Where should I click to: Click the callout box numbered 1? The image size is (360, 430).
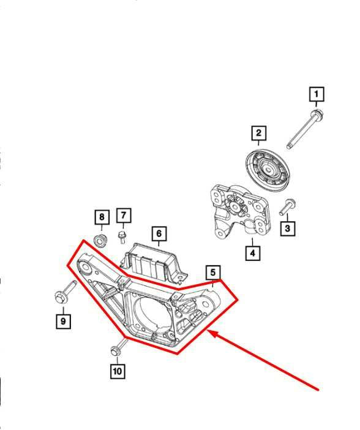[316, 95]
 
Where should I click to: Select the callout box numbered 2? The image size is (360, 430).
[258, 133]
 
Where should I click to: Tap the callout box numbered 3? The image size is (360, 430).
[288, 228]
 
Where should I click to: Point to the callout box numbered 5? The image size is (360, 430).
[212, 271]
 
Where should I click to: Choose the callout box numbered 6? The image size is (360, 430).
[158, 233]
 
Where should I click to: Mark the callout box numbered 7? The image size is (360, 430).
[123, 215]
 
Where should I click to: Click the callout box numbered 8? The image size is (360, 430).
[102, 217]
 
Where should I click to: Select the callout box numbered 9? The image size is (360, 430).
[62, 320]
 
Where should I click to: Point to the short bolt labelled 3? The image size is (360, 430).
[288, 208]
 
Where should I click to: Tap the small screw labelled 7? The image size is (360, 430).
[122, 236]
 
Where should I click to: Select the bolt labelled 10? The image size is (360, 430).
[118, 347]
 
